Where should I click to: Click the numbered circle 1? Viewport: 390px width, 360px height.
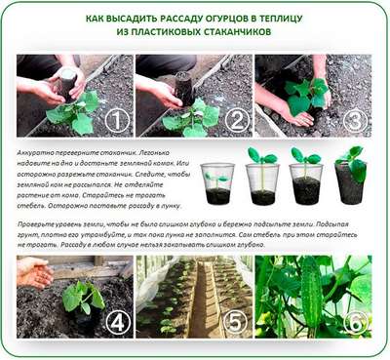pyautogui.click(x=116, y=121)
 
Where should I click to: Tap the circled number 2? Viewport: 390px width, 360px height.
pyautogui.click(x=234, y=121)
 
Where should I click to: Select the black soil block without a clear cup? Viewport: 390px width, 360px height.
pyautogui.click(x=348, y=182)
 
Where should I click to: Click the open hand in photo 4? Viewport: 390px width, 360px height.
pyautogui.click(x=34, y=275)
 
